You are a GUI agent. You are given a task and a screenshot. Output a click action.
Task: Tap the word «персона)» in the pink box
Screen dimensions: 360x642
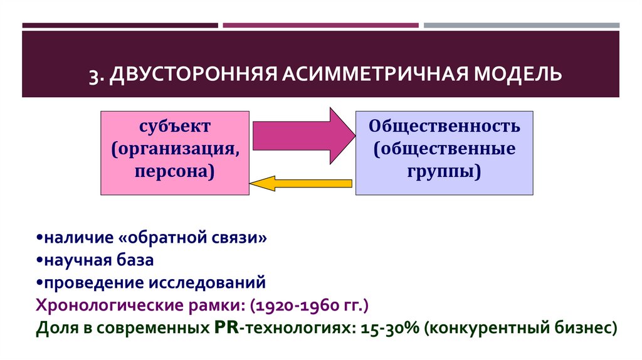175,171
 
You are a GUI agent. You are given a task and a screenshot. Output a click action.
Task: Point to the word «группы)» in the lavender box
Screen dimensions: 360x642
444,171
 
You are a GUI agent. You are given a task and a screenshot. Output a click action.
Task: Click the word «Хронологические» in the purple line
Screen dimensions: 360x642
115,305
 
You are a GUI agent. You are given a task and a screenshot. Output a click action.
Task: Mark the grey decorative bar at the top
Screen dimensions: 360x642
521,26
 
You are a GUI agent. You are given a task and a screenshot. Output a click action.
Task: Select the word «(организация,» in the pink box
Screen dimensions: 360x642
175,149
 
